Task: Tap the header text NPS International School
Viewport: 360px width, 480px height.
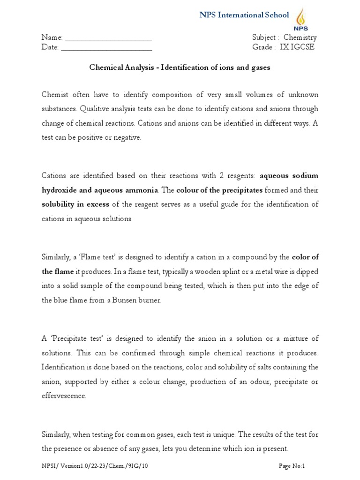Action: pos(244,15)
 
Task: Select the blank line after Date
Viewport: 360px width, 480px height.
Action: pos(106,47)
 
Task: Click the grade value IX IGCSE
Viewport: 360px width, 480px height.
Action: pos(297,47)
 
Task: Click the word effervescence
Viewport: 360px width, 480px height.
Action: pos(64,396)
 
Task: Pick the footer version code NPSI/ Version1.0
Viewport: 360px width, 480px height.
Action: pos(75,466)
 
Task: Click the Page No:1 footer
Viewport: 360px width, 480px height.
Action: pos(292,466)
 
